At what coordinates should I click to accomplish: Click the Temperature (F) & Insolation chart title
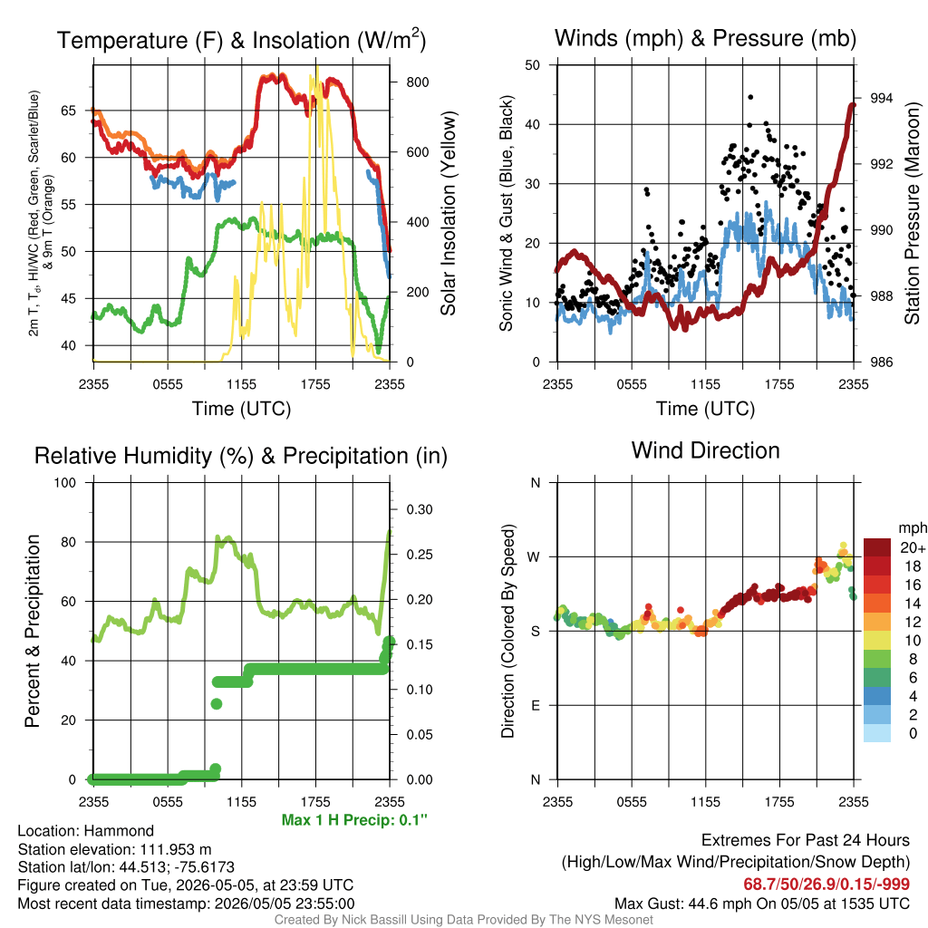[x=241, y=40]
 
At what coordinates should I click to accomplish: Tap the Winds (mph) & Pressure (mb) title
[x=705, y=38]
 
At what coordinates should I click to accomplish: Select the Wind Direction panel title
[x=705, y=450]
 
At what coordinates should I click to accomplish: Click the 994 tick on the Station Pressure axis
[x=881, y=98]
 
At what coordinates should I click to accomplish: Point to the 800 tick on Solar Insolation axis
[x=417, y=82]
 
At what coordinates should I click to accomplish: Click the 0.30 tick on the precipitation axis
[x=419, y=509]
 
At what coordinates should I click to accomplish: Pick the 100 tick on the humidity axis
[x=65, y=482]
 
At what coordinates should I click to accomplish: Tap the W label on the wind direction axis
[x=533, y=557]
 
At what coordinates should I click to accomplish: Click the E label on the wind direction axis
[x=536, y=705]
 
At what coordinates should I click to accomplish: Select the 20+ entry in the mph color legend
[x=913, y=547]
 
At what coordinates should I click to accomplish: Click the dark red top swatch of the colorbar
[x=877, y=547]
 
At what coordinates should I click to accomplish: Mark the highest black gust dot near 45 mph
[x=750, y=97]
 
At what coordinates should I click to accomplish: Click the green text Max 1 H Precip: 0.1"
[x=354, y=819]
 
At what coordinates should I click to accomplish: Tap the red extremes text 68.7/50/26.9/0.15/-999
[x=826, y=884]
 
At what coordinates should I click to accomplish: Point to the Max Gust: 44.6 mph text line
[x=761, y=904]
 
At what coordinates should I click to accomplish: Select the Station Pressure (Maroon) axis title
[x=912, y=213]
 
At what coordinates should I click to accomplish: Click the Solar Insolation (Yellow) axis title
[x=448, y=213]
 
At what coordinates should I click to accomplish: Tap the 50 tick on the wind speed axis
[x=533, y=65]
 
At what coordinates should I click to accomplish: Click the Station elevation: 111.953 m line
[x=115, y=849]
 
